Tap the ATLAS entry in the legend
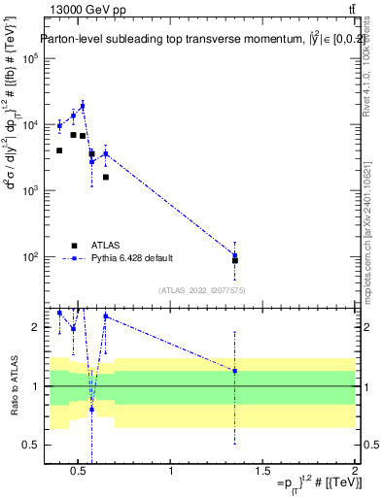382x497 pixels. pos(101,245)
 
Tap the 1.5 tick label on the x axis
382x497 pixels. pos(262,473)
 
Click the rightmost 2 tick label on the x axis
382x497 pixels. pos(354,473)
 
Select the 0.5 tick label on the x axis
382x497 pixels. pos(81,473)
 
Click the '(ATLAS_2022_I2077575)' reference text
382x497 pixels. pos(201,289)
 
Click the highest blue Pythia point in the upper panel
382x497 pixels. pos(83,106)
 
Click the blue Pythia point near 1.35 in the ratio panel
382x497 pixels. pos(235,371)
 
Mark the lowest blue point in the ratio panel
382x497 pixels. pos(92,410)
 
